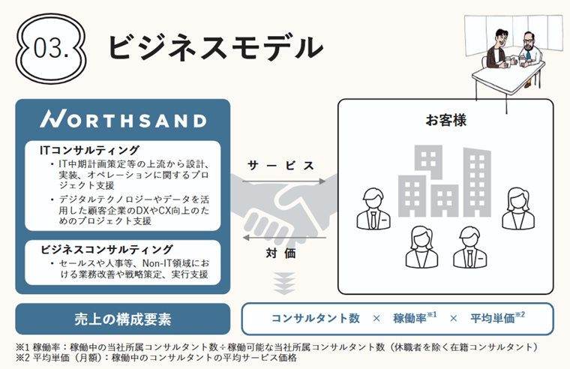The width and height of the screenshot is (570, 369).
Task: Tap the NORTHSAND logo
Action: click(123, 120)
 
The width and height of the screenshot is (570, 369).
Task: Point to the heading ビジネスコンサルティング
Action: click(106, 249)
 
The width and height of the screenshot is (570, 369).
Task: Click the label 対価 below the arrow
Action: click(281, 253)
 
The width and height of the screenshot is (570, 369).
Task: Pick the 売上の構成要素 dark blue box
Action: click(123, 318)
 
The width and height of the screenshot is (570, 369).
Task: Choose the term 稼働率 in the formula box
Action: click(409, 318)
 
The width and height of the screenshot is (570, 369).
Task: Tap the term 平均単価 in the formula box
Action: click(492, 318)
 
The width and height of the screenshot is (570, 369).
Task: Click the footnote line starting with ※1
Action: click(277, 347)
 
